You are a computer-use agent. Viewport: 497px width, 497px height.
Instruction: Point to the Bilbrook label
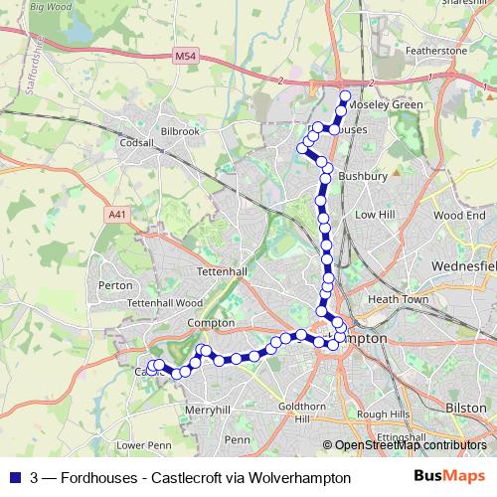click(x=179, y=130)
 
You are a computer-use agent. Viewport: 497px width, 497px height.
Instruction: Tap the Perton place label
click(x=116, y=285)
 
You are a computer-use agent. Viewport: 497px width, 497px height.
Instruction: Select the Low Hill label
click(x=376, y=215)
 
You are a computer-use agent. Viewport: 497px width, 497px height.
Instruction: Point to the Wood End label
click(x=459, y=215)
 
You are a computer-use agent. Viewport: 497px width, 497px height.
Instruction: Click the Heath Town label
click(x=398, y=298)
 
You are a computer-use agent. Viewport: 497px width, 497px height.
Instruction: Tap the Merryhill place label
click(x=208, y=410)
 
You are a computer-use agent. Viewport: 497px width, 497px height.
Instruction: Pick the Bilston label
click(x=466, y=408)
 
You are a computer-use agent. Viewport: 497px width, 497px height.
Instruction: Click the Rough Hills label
click(x=383, y=414)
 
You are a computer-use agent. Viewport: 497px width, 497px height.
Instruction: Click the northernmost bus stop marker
click(x=346, y=96)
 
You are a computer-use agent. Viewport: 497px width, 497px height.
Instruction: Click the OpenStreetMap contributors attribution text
click(x=409, y=445)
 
